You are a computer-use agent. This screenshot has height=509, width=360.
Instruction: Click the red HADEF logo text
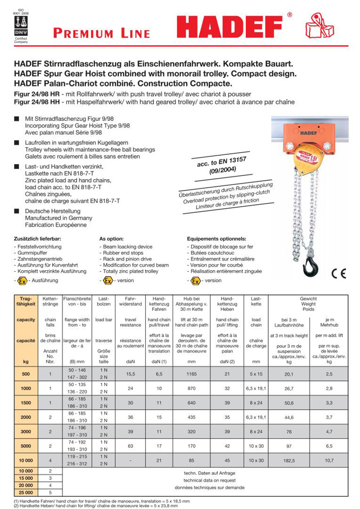pyautogui.click(x=233, y=28)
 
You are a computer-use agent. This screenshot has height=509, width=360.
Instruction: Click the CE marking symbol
pyautogui.click(x=338, y=274)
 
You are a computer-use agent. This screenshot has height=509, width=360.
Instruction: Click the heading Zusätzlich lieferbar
pyautogui.click(x=37, y=239)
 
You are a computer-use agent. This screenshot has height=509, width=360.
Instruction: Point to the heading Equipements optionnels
pyautogui.click(x=216, y=239)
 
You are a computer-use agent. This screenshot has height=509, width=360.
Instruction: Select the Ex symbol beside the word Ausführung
pyautogui.click(x=22, y=280)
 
